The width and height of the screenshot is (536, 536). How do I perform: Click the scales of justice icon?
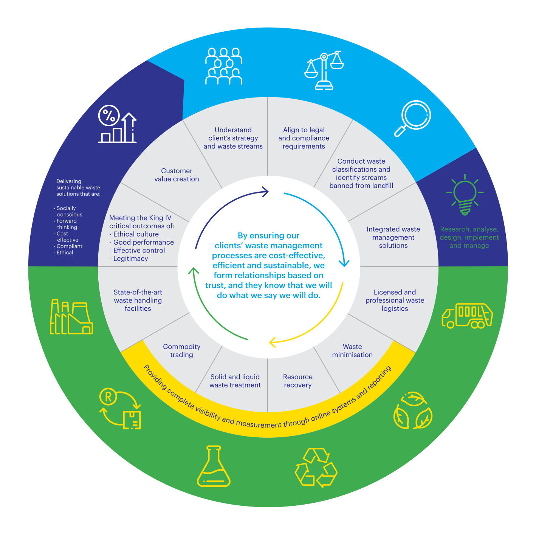(x=324, y=70)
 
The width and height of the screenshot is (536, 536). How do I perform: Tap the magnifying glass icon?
(x=413, y=118)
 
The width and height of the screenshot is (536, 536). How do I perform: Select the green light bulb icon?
(x=465, y=195)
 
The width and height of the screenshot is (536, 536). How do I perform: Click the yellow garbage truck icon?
(x=467, y=315)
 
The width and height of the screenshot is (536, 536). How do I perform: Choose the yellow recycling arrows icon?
(x=316, y=468)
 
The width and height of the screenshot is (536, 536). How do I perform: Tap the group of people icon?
(x=224, y=66)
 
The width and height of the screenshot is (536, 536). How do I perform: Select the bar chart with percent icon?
(x=117, y=124)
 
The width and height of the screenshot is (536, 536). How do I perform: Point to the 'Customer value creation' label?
(x=177, y=175)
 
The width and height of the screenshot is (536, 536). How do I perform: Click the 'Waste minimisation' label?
(x=352, y=351)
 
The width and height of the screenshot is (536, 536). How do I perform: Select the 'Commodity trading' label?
(x=181, y=351)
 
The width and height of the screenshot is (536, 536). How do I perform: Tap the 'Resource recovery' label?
(x=298, y=381)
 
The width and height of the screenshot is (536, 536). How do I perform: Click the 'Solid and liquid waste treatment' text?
(x=235, y=381)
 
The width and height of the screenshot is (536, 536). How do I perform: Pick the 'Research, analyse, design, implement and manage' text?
(x=469, y=237)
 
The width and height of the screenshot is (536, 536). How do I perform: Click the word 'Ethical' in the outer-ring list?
(x=65, y=253)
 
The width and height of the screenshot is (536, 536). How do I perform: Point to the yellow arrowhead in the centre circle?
(x=272, y=343)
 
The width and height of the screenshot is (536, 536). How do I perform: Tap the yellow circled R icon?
(x=108, y=397)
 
